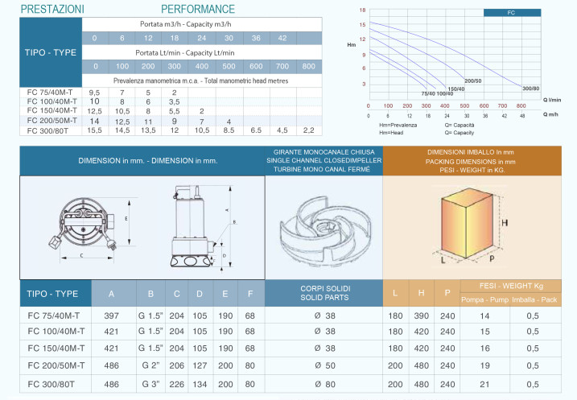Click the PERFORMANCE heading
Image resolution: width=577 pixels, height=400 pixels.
click(x=198, y=9)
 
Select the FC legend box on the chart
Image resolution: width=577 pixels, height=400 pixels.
click(x=512, y=13)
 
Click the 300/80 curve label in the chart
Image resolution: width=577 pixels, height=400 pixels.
click(x=531, y=88)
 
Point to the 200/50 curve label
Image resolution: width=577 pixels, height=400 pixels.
click(x=473, y=81)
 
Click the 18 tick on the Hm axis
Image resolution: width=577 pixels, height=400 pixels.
click(x=362, y=10)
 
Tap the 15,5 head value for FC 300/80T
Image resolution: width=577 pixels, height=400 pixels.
click(x=95, y=130)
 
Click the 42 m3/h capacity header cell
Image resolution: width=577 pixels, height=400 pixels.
click(x=282, y=38)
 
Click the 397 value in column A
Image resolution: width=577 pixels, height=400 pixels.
click(x=112, y=315)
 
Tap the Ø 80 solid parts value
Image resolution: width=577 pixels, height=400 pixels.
click(x=324, y=383)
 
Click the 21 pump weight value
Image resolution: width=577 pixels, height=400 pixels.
click(x=485, y=383)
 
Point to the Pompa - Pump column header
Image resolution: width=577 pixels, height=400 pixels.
click(x=485, y=300)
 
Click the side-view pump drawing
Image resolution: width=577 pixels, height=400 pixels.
click(x=193, y=229)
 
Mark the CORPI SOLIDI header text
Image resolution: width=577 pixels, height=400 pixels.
click(x=324, y=287)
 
